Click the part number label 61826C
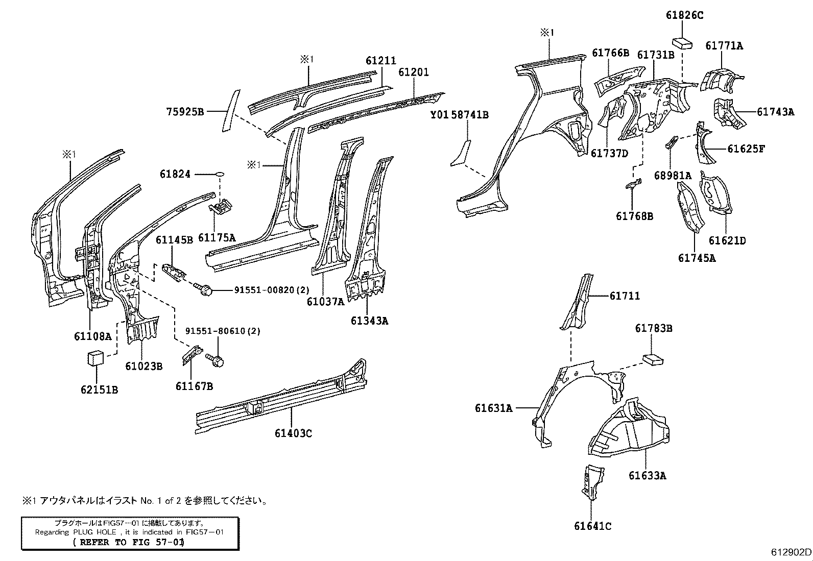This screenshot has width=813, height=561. [684, 15]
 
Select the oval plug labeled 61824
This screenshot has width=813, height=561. [220, 175]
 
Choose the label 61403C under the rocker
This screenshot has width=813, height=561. [293, 433]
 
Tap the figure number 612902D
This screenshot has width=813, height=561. [791, 552]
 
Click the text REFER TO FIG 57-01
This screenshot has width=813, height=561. [128, 542]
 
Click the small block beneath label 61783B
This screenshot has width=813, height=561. [653, 359]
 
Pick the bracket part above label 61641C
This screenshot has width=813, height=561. [592, 481]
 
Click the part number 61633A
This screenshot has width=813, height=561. [647, 476]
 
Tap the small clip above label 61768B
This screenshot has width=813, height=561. [633, 185]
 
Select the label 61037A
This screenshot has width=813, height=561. [325, 302]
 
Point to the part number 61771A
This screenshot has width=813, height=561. [724, 46]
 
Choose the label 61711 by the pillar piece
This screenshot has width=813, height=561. [624, 296]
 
